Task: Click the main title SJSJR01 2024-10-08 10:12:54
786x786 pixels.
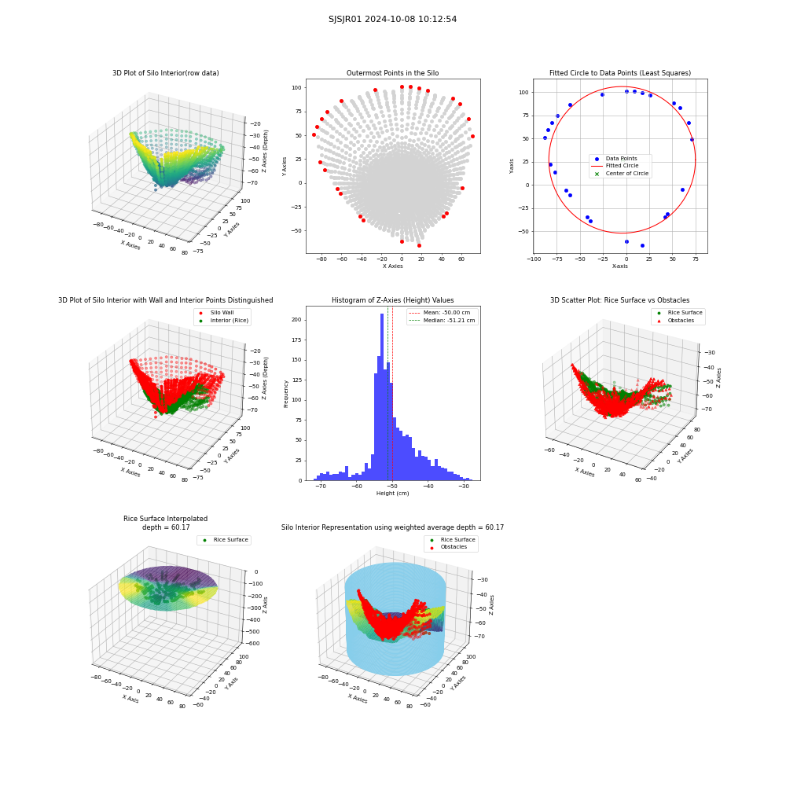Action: point(392,19)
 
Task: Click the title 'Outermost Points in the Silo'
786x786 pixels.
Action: point(392,72)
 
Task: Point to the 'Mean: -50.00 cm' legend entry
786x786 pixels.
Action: point(441,312)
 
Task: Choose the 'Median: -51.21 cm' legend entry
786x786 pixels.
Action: point(442,321)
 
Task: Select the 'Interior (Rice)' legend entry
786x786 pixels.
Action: point(223,321)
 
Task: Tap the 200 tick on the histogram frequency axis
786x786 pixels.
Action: point(296,319)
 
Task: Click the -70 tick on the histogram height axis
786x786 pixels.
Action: point(321,487)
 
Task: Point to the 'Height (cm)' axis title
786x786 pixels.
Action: point(392,494)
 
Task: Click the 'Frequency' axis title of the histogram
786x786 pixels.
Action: point(286,394)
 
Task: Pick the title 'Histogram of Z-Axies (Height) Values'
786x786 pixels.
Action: point(392,299)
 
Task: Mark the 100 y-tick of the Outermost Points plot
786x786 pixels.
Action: point(297,88)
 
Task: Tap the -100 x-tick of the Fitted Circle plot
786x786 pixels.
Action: point(534,259)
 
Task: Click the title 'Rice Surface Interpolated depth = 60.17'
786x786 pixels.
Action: point(165,523)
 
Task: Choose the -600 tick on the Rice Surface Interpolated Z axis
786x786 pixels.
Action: point(253,643)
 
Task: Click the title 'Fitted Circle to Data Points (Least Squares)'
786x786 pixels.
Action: point(620,72)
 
